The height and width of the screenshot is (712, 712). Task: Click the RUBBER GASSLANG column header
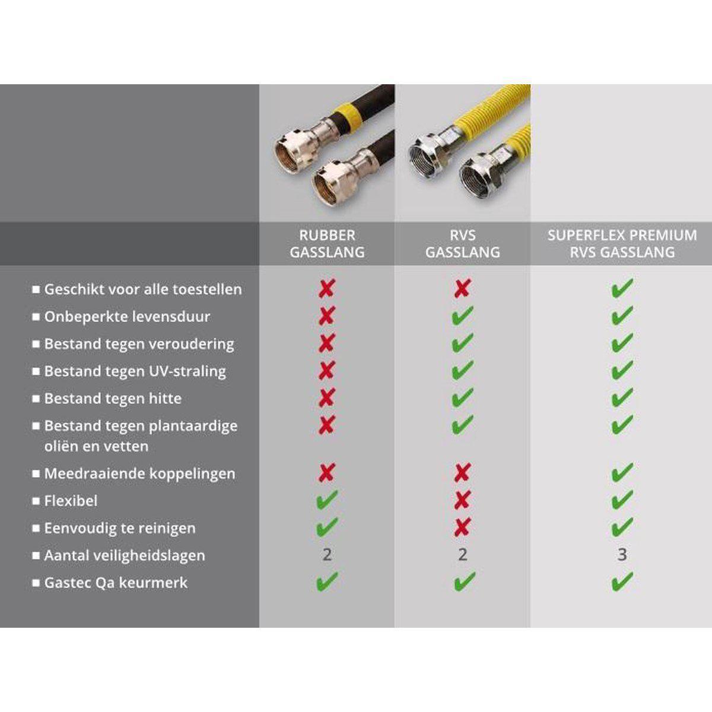coord(327,244)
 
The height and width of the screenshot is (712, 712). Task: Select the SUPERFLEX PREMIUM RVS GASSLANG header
coord(622,244)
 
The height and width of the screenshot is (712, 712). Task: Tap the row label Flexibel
coord(71,501)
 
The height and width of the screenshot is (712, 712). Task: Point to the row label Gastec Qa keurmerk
coord(116,583)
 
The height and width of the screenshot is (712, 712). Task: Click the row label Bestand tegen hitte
coord(113,398)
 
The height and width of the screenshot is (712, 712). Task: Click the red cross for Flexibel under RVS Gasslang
coord(463,500)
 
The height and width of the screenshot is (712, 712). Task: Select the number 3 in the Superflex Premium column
coord(622,555)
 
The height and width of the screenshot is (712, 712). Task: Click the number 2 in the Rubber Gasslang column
coord(327,555)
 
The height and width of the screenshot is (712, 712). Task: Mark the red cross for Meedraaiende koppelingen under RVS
coord(463,472)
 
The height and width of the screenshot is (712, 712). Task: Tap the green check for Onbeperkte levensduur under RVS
coord(463,315)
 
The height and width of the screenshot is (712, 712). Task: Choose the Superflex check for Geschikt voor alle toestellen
coord(622,288)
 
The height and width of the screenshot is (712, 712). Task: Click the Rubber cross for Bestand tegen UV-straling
coord(327,371)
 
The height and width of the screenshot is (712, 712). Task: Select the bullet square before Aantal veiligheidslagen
coord(36,555)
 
